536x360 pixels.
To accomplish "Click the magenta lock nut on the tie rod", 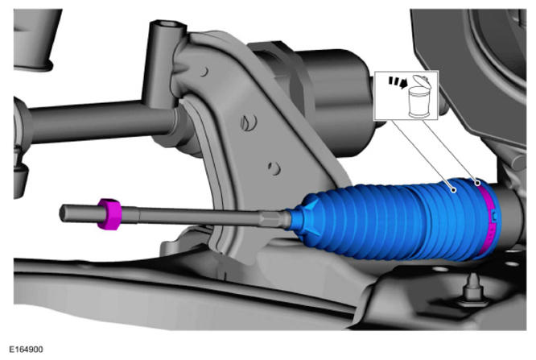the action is coord(109,214).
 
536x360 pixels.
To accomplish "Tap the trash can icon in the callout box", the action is coord(420,97).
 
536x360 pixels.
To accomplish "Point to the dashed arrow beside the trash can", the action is coord(398,82).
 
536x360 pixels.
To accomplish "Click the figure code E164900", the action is coord(26,350).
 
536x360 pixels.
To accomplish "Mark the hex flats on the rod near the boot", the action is coord(272,219).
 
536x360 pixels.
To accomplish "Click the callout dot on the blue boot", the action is coord(454,190).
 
